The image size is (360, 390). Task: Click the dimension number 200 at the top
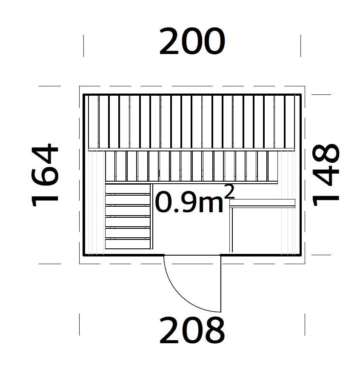[192, 41]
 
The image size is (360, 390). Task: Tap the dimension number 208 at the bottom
[192, 330]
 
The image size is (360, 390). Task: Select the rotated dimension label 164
[45, 175]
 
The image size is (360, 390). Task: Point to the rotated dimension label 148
[326, 175]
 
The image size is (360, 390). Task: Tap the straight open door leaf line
[221, 284]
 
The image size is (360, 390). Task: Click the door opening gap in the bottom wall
[192, 255]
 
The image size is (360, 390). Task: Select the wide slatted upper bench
[191, 122]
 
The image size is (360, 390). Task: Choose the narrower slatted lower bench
[191, 167]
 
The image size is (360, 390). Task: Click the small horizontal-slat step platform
[128, 216]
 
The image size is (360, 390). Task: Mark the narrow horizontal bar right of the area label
[263, 203]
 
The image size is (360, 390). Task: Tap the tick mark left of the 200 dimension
[83, 46]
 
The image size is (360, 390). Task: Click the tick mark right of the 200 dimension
[301, 46]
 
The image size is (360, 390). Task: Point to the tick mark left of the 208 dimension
[80, 325]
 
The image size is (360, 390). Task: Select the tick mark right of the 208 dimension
[305, 325]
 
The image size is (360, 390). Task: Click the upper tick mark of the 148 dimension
[321, 94]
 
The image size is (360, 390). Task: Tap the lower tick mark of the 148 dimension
[321, 255]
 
